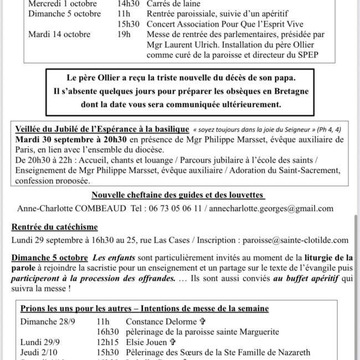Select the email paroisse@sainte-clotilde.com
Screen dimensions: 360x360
[293, 240]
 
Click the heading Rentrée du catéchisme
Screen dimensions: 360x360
[54, 227]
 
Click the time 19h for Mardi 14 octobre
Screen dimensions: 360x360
[123, 34]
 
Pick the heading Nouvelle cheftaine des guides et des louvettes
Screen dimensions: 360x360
[177, 195]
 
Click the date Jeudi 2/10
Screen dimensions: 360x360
[40, 352]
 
